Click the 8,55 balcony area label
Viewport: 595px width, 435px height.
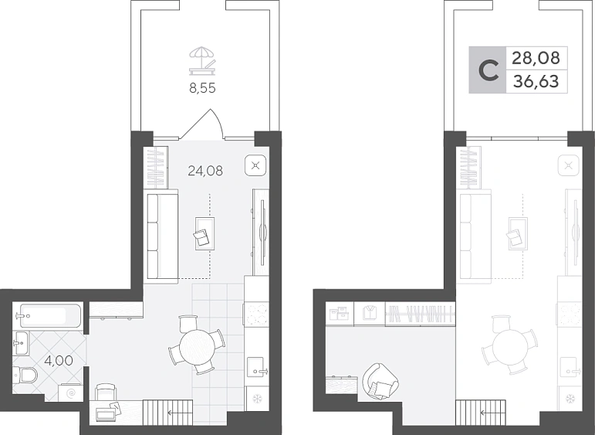(202, 88)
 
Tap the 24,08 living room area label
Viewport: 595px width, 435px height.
(205, 171)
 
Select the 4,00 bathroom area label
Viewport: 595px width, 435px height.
(59, 360)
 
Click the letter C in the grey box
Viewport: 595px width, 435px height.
(488, 70)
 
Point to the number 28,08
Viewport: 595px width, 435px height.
(536, 58)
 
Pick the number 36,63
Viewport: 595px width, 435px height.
(536, 81)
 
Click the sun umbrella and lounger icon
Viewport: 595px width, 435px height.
(202, 61)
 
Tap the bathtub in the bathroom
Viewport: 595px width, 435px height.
(51, 315)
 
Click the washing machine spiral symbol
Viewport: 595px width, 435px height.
(71, 393)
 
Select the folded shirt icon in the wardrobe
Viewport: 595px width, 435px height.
(369, 313)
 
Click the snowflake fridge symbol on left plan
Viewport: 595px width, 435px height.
(258, 399)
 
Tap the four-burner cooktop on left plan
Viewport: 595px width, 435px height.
(256, 314)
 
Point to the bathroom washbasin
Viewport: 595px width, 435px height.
(22, 343)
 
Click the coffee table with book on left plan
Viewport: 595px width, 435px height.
(205, 233)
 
